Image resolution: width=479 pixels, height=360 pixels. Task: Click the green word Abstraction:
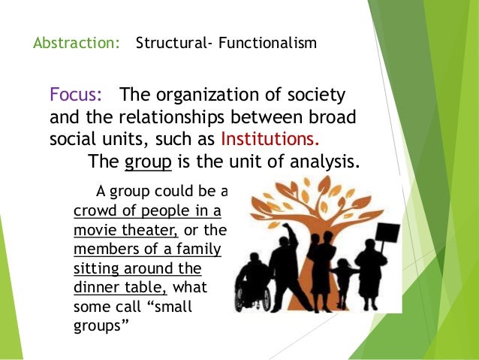point(76,43)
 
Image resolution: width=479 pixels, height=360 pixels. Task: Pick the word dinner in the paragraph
point(98,287)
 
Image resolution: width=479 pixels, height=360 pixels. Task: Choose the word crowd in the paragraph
point(94,208)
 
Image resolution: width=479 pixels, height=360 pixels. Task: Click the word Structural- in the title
point(169,43)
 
